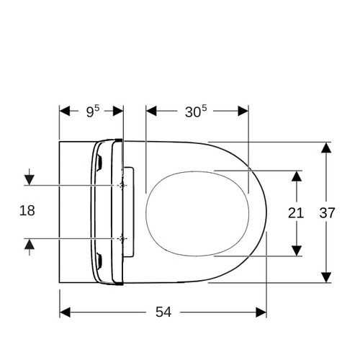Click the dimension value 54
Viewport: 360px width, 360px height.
[x=163, y=312]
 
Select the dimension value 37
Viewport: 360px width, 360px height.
[x=327, y=213]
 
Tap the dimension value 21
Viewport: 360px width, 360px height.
[x=296, y=213]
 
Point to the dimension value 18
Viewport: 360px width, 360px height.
[x=27, y=211]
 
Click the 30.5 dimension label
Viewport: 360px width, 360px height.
[x=196, y=112]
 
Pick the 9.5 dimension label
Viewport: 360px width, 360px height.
[x=93, y=112]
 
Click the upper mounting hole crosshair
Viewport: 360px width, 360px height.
[x=122, y=185]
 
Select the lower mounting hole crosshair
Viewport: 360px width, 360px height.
[x=122, y=238]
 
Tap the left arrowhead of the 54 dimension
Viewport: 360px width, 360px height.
[x=65, y=312]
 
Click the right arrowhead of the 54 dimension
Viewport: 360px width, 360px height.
[x=261, y=312]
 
